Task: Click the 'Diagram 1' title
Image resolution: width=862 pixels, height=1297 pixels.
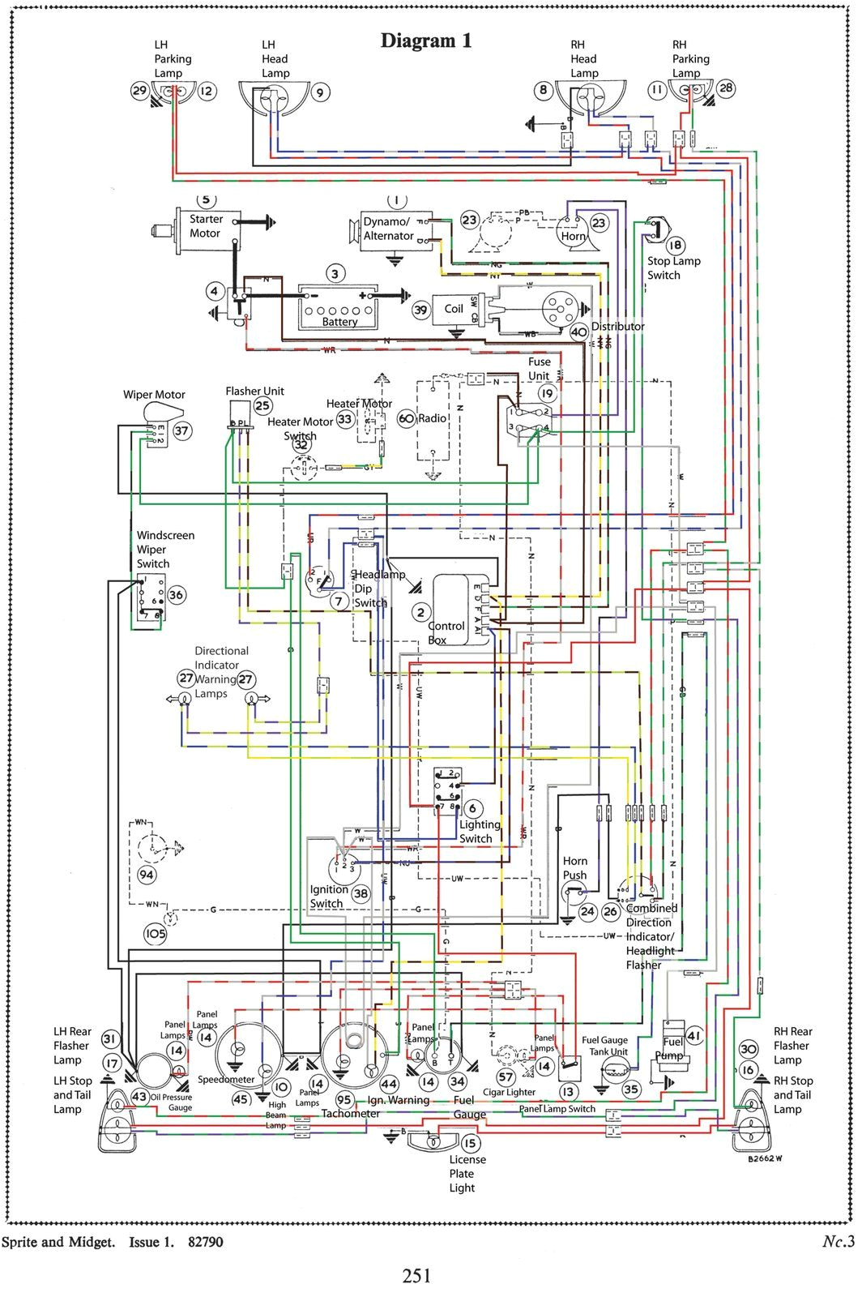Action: pos(426,41)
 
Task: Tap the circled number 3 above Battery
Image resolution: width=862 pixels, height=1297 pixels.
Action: pos(335,274)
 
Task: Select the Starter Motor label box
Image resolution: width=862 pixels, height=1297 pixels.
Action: pos(209,226)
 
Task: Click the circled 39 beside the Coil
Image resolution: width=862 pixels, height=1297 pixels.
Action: pos(420,310)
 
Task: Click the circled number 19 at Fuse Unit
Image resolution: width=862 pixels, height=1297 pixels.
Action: pos(548,394)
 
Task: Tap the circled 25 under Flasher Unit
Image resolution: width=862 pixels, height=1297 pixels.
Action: pos(262,405)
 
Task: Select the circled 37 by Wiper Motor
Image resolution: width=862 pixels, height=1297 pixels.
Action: pos(182,430)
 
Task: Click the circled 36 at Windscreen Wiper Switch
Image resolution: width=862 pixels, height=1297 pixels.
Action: pos(176,594)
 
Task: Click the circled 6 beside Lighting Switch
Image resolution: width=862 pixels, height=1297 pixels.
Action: pos(472,808)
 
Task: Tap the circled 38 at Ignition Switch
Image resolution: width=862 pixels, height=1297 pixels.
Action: pos(361,894)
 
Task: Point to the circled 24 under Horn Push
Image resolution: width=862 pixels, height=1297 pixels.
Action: pos(587,911)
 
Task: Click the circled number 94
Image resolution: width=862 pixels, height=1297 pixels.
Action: pos(147,874)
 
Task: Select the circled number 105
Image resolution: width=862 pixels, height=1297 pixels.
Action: pos(155,933)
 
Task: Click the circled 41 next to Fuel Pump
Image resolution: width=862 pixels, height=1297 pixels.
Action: pos(694,1035)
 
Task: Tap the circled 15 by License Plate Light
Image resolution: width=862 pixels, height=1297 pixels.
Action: pos(470,1143)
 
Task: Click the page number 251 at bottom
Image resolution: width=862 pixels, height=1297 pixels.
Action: pos(416,1275)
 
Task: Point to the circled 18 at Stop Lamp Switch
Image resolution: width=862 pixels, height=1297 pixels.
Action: pos(675,245)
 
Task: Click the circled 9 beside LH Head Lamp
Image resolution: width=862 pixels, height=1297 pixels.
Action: pos(320,92)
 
